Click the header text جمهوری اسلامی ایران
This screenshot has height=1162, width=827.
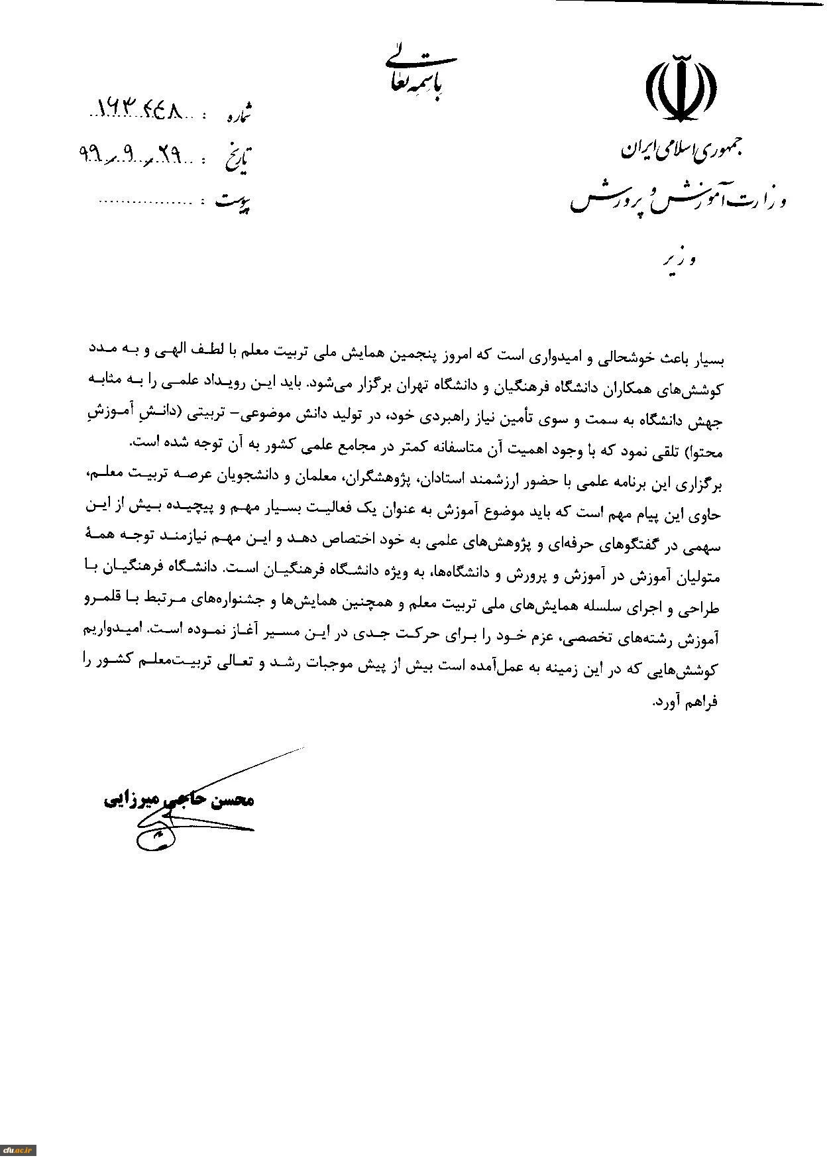pyautogui.click(x=683, y=150)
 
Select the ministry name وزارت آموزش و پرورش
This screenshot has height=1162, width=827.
pyautogui.click(x=677, y=198)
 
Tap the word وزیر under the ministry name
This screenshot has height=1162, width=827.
pyautogui.click(x=682, y=259)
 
